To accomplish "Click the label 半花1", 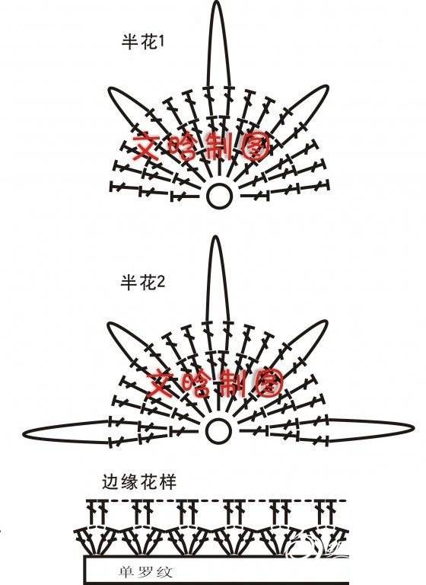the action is tap(143, 42).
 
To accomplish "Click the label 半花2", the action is tap(143, 282).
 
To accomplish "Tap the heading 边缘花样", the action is tap(139, 482).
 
